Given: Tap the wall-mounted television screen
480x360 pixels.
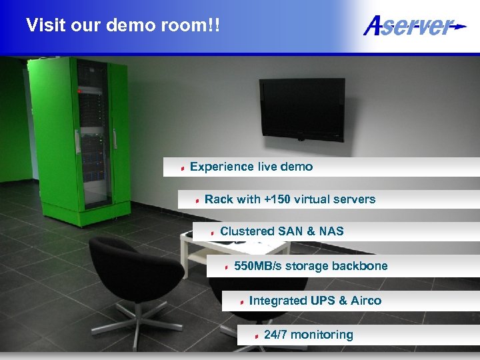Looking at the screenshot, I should point(302,109).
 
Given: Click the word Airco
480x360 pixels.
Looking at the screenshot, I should point(365,301).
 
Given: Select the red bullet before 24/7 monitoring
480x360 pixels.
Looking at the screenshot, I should point(257,336).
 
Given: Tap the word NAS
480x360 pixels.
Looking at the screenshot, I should point(331,231).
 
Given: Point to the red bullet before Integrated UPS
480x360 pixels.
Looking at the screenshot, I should point(242,302).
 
